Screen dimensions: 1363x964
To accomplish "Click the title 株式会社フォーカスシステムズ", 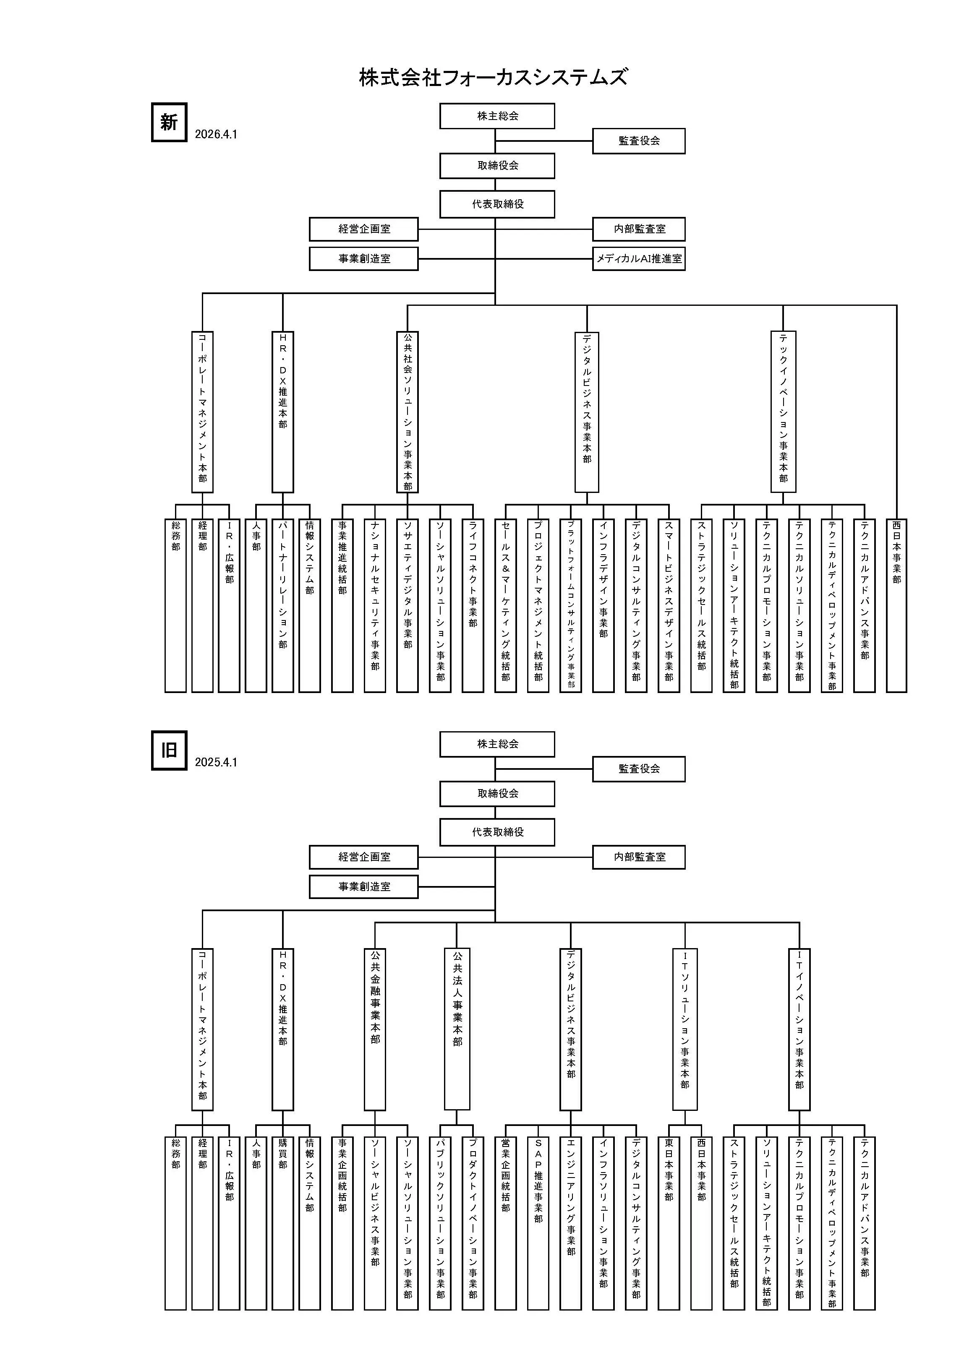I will (493, 78).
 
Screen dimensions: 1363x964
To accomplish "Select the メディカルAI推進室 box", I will (638, 259).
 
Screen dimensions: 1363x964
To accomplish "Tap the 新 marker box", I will (169, 122).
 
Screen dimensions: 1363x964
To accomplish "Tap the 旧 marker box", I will (169, 751).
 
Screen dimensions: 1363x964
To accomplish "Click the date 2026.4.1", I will (216, 135).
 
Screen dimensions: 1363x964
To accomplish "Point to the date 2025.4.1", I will (216, 762).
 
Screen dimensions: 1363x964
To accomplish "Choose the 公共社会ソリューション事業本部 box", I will (408, 412).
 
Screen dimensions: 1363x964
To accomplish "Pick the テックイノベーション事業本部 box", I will (783, 412).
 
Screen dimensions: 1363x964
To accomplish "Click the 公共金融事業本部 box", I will (375, 1029).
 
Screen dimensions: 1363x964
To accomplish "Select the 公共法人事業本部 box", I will (457, 1029).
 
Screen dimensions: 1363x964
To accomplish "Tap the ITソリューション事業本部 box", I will (685, 1029).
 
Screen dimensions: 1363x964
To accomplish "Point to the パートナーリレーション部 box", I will (283, 605).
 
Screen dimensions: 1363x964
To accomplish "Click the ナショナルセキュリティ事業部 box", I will (375, 605).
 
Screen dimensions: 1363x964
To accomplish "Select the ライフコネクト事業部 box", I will (473, 605).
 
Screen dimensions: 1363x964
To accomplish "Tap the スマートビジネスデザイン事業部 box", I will (669, 605).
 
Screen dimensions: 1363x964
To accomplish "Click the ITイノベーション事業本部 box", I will (799, 1029).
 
